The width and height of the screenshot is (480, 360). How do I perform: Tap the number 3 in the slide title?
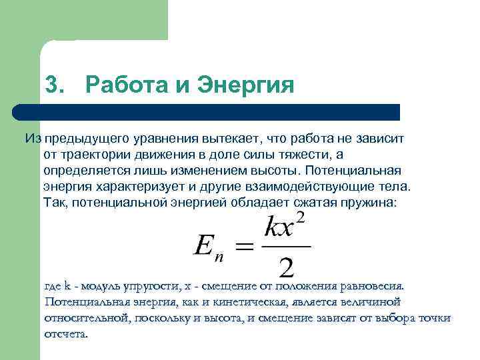pos(53,85)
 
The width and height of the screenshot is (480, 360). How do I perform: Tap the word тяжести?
pos(300,155)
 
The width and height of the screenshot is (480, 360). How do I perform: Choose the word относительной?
pos(85,318)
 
